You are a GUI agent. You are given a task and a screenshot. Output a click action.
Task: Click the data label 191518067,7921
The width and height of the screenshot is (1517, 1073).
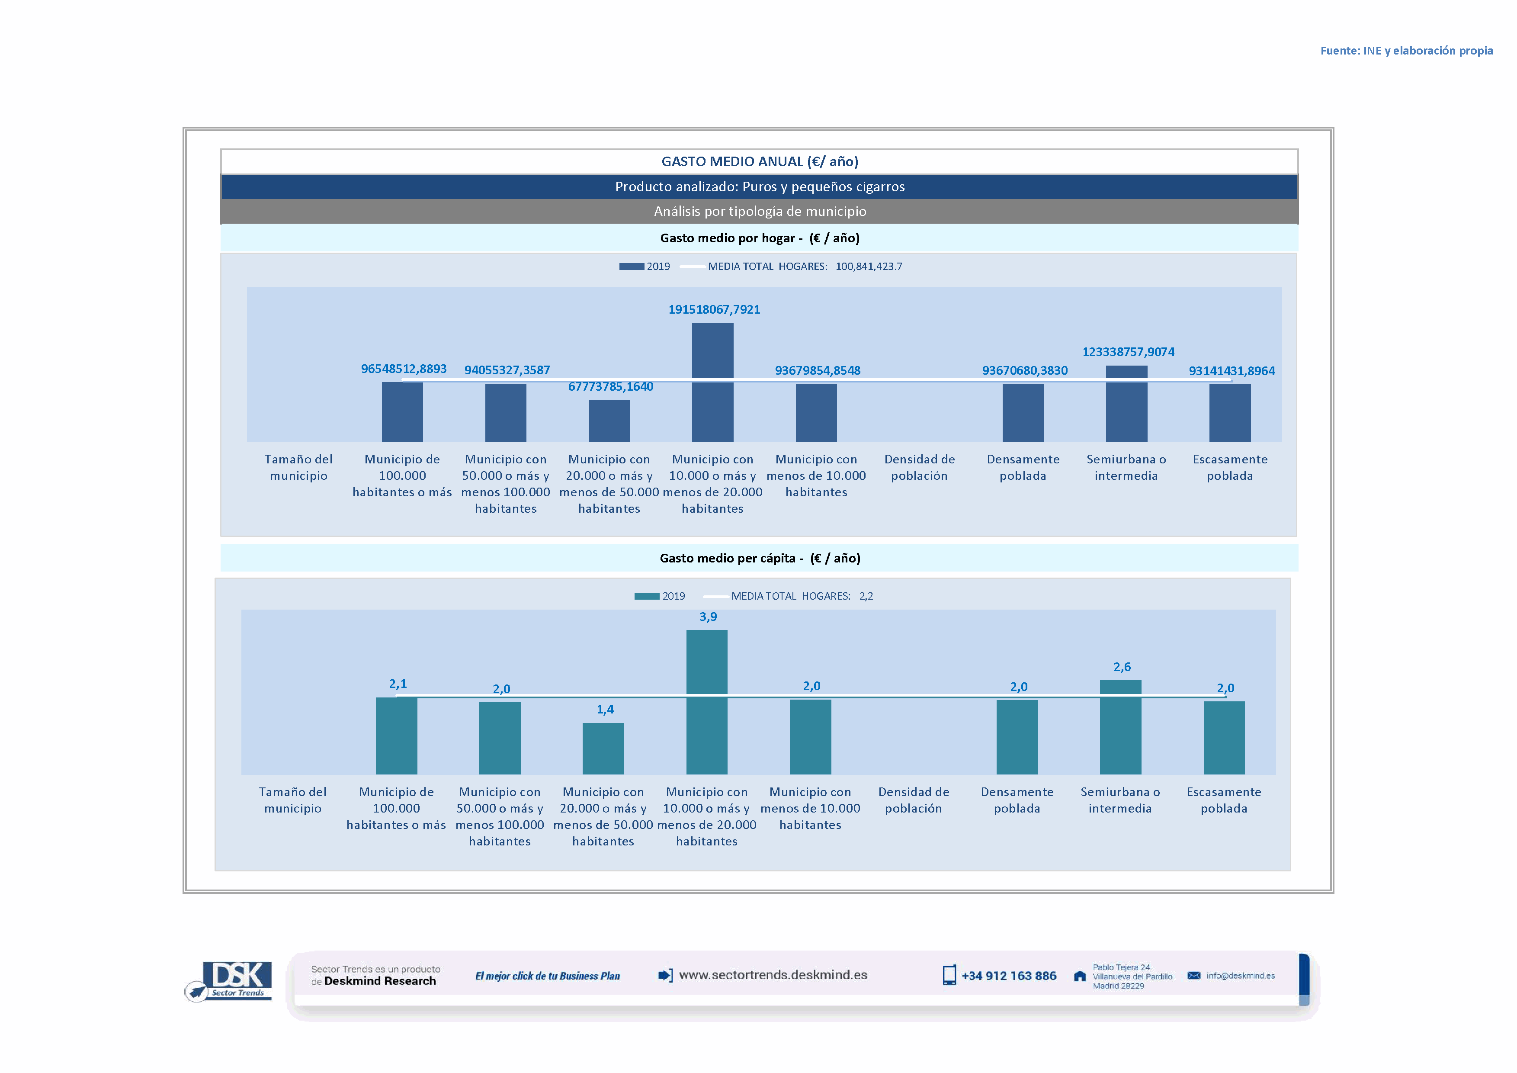pyautogui.click(x=714, y=309)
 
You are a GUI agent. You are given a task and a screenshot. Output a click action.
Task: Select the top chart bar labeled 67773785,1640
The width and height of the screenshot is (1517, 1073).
pyautogui.click(x=609, y=421)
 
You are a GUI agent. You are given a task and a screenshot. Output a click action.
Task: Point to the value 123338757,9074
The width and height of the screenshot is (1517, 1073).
pyautogui.click(x=1128, y=351)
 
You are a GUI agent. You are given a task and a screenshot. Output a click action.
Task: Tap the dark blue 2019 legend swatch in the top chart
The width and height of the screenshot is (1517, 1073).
pyautogui.click(x=631, y=266)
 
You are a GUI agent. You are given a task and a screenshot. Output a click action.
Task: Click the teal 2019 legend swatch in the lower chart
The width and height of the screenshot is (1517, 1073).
pyautogui.click(x=646, y=596)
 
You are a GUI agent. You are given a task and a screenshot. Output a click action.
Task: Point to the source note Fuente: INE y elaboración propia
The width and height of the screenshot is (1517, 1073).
pyautogui.click(x=1406, y=51)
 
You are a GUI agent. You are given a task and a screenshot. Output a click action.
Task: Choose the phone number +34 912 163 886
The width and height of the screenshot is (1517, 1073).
pyautogui.click(x=1008, y=976)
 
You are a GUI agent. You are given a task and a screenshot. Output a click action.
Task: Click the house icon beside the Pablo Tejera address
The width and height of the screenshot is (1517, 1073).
pyautogui.click(x=1080, y=976)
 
